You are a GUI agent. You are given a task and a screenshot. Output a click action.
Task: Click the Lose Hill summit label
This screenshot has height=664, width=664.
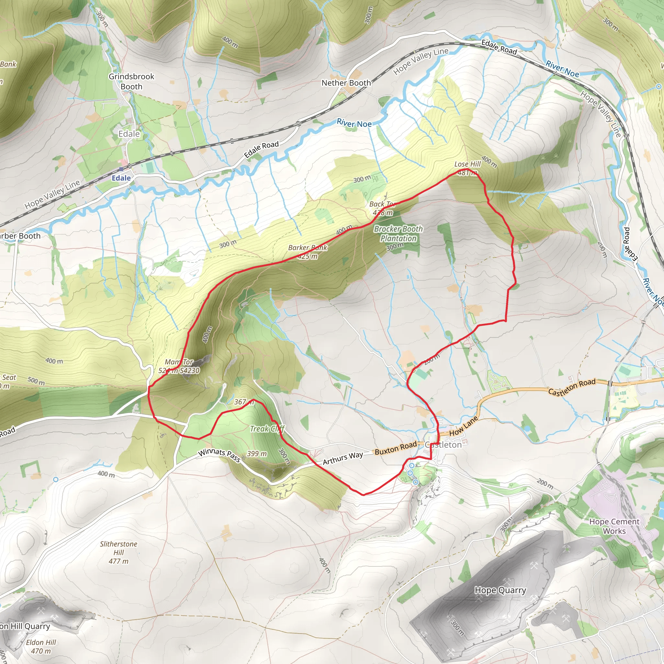(x=467, y=168)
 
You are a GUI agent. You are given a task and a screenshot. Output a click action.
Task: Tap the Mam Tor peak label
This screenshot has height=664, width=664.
(x=179, y=366)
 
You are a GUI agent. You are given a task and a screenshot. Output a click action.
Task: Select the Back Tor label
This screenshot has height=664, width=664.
(x=382, y=208)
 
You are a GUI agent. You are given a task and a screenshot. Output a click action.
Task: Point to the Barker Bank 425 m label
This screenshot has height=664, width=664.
(x=308, y=252)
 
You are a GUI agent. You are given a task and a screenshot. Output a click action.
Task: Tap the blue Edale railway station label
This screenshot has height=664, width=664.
(x=121, y=178)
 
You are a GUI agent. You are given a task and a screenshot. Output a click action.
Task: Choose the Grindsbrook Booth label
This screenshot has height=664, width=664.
(x=131, y=81)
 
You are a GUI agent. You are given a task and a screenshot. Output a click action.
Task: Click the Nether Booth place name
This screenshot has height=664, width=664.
(x=346, y=83)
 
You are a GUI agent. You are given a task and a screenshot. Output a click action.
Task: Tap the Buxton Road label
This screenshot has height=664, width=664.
(x=396, y=448)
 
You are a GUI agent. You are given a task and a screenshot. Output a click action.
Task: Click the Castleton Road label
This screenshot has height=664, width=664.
(x=572, y=387)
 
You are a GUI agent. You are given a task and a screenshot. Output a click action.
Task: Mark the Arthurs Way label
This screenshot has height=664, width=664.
(x=343, y=458)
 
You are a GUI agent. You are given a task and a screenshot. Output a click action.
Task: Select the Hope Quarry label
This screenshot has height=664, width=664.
(x=500, y=590)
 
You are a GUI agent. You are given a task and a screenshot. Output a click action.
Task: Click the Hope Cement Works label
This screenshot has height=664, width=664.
(x=614, y=526)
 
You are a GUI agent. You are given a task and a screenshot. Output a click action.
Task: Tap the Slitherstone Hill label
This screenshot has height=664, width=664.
(x=119, y=552)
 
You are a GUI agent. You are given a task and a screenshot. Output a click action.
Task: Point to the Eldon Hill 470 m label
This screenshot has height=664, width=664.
(x=41, y=646)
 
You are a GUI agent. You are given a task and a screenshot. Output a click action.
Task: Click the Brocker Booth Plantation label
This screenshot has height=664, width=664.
(x=398, y=233)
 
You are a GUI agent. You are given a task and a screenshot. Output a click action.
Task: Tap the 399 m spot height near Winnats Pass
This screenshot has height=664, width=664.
(x=257, y=454)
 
